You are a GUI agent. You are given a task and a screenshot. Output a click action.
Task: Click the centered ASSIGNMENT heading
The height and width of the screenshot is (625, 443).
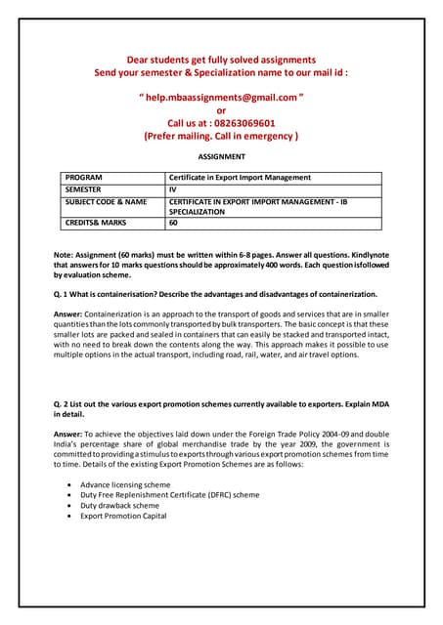(221, 156)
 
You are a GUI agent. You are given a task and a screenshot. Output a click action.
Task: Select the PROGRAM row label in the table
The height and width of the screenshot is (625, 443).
(85, 178)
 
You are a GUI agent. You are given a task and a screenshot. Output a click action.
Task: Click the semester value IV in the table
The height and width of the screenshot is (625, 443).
(174, 189)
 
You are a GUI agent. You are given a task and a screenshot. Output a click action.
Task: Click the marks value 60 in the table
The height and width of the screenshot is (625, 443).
(174, 223)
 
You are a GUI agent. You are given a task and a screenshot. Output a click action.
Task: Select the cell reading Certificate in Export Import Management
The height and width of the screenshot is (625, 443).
(240, 178)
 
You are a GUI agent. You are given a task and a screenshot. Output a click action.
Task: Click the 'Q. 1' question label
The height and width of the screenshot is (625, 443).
(64, 294)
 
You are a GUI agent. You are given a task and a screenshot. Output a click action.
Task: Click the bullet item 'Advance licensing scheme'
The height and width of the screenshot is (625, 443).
(125, 484)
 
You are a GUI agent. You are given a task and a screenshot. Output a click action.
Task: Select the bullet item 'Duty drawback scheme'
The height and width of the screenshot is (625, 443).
(119, 506)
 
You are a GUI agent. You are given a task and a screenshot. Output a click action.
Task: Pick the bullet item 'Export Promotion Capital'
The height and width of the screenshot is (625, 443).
(123, 517)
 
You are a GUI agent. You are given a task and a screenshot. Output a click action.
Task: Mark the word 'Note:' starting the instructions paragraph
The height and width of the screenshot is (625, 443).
(66, 255)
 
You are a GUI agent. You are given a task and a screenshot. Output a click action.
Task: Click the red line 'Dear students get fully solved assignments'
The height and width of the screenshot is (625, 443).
(221, 60)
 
